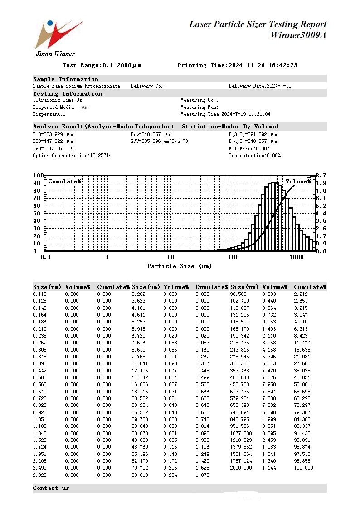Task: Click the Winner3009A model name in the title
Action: (x=298, y=35)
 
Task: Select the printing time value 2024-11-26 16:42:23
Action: (x=263, y=65)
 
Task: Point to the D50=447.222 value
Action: (x=53, y=142)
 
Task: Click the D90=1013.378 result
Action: (x=54, y=148)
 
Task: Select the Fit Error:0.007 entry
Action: (x=249, y=148)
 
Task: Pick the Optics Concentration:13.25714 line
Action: (x=72, y=155)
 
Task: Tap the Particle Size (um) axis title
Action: (x=179, y=266)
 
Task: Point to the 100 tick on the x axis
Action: (x=233, y=257)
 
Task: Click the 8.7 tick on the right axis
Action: (x=321, y=175)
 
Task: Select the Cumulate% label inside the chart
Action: (x=64, y=181)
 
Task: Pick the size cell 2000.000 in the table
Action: (x=241, y=468)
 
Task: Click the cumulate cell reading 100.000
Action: (x=303, y=468)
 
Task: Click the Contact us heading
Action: (x=51, y=488)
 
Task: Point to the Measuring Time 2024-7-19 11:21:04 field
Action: (x=225, y=114)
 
